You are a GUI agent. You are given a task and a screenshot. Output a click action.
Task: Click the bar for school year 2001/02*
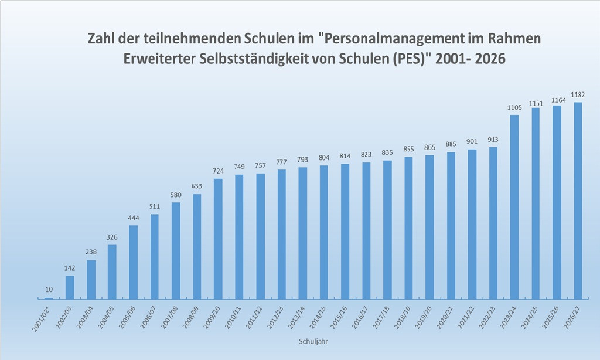(49, 298)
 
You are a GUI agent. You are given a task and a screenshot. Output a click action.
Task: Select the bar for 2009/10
(218, 239)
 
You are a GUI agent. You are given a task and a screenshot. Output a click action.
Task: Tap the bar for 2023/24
(514, 207)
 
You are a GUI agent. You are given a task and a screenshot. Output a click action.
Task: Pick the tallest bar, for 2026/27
(578, 201)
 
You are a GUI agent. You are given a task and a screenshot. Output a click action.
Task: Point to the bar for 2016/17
(366, 230)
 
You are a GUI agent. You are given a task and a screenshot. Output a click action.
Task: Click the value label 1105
(514, 108)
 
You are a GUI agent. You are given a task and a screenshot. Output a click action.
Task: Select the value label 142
(70, 268)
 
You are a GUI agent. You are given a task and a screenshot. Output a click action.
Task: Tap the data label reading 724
(218, 171)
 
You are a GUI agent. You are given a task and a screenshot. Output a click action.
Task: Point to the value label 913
(493, 140)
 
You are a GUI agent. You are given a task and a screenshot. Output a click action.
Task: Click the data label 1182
(578, 94)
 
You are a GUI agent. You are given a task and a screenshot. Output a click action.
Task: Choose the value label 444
(134, 218)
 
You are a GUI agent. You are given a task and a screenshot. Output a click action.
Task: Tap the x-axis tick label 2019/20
(424, 317)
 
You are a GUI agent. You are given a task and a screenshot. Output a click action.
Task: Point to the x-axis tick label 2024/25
(530, 317)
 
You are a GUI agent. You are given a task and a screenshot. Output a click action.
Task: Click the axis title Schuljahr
(313, 341)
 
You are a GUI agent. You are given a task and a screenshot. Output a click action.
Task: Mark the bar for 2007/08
(176, 250)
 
